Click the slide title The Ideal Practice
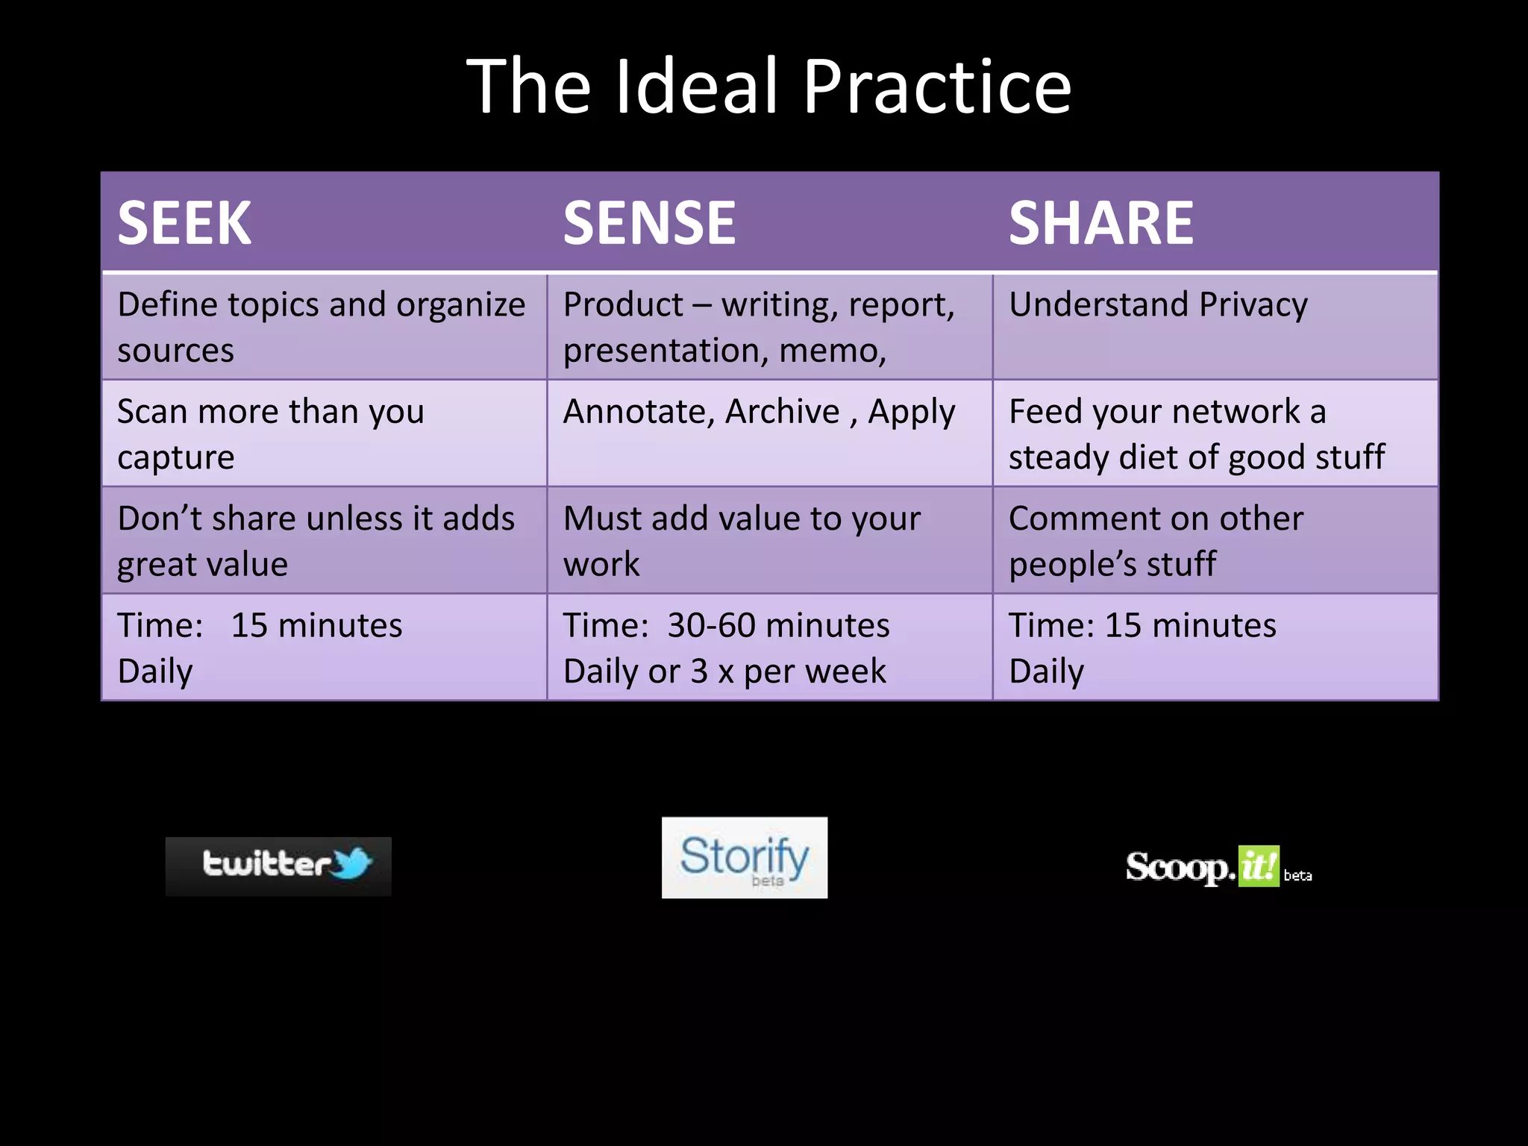[x=768, y=87]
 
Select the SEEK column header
[x=184, y=223]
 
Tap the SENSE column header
[x=649, y=223]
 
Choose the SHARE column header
[x=1100, y=223]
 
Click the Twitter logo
[x=278, y=865]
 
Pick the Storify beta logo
[x=744, y=857]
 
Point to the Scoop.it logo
[x=1218, y=867]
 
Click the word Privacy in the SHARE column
[x=1253, y=305]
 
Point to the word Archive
[x=782, y=411]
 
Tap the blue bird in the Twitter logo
[x=352, y=862]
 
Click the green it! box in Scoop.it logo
[x=1258, y=866]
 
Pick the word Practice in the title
[x=936, y=87]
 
